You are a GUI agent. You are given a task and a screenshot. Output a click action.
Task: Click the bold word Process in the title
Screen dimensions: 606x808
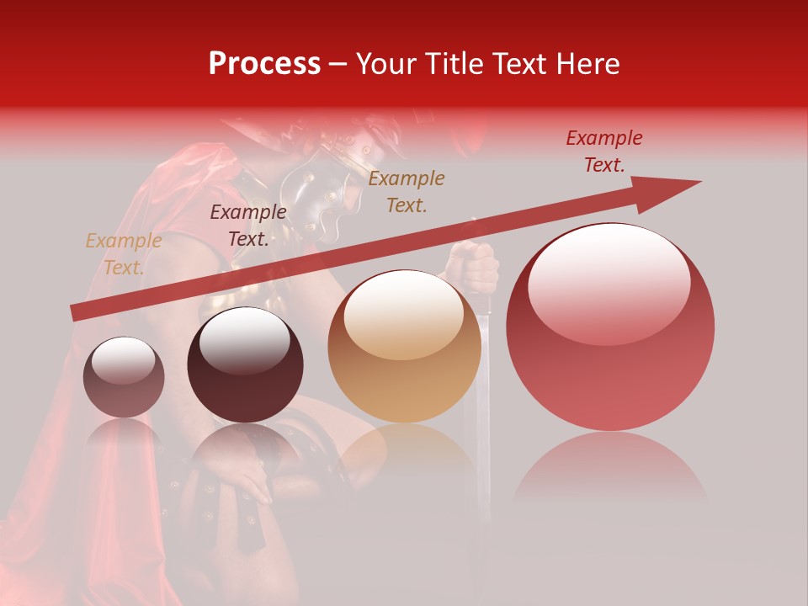pos(264,64)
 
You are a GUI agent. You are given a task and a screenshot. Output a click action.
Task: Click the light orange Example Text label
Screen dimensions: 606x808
pos(124,254)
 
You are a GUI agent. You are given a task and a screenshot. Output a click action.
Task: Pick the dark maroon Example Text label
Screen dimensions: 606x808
pos(248,225)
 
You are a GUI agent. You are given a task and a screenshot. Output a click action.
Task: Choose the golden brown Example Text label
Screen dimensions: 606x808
pos(407,191)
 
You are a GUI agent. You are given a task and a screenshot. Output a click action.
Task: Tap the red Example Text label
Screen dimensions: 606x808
pos(603,151)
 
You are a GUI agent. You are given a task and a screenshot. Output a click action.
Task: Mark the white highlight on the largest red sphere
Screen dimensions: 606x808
pos(609,282)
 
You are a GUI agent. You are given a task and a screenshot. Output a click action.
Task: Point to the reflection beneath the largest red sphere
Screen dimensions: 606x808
pos(610,471)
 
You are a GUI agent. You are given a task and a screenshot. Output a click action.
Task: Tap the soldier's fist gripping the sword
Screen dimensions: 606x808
pos(476,268)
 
